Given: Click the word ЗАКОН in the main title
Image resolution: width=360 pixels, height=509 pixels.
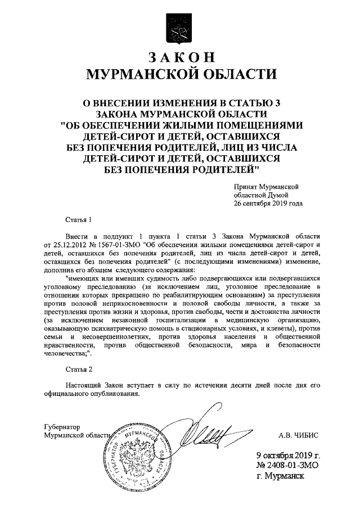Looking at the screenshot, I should (180, 58).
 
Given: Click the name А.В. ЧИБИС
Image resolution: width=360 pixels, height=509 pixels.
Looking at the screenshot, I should (299, 434).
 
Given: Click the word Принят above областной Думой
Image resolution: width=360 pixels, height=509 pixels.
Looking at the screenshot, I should (246, 186).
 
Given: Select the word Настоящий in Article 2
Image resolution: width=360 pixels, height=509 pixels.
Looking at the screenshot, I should (83, 385).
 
